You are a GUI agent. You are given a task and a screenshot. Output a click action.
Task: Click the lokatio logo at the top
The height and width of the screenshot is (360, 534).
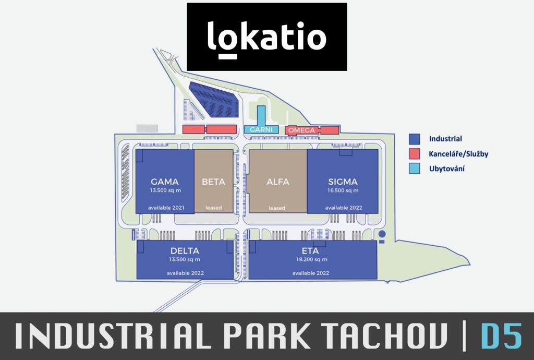point(267,37)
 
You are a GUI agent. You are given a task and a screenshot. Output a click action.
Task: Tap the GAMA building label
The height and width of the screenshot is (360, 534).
point(164,182)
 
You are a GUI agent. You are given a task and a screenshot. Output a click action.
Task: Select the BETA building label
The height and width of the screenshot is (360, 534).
point(213,182)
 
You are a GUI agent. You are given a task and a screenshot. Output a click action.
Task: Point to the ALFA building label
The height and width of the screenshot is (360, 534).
point(278,182)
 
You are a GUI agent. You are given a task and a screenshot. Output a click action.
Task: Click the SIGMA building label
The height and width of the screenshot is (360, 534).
point(343,182)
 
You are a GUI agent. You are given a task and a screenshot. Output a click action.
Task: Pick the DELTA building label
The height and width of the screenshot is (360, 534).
point(185,251)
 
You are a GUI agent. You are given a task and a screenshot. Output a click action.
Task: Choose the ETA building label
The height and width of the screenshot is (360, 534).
point(310,251)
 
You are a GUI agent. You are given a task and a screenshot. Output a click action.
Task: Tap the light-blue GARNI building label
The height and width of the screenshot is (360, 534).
point(261,130)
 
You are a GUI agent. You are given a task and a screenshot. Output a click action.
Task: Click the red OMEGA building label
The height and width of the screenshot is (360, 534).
point(302,130)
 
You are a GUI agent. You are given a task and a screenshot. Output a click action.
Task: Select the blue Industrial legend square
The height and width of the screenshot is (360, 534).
point(414,139)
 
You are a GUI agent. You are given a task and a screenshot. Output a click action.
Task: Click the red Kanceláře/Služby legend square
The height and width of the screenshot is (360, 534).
point(414,153)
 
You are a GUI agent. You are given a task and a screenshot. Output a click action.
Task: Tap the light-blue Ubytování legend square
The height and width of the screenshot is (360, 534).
point(414,169)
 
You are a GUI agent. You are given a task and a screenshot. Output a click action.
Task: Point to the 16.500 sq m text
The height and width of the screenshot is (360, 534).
point(343,190)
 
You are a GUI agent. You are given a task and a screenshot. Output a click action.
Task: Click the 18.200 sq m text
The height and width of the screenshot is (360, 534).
point(312,259)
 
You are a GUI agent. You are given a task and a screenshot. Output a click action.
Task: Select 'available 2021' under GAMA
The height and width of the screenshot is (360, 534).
point(166,208)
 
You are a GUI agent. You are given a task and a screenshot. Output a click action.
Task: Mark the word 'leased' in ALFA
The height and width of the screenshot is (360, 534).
point(277,208)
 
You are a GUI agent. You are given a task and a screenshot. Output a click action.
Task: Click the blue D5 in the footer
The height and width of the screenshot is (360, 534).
point(502,336)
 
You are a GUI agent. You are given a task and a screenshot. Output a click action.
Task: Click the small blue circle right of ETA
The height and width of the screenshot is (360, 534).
point(382,234)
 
